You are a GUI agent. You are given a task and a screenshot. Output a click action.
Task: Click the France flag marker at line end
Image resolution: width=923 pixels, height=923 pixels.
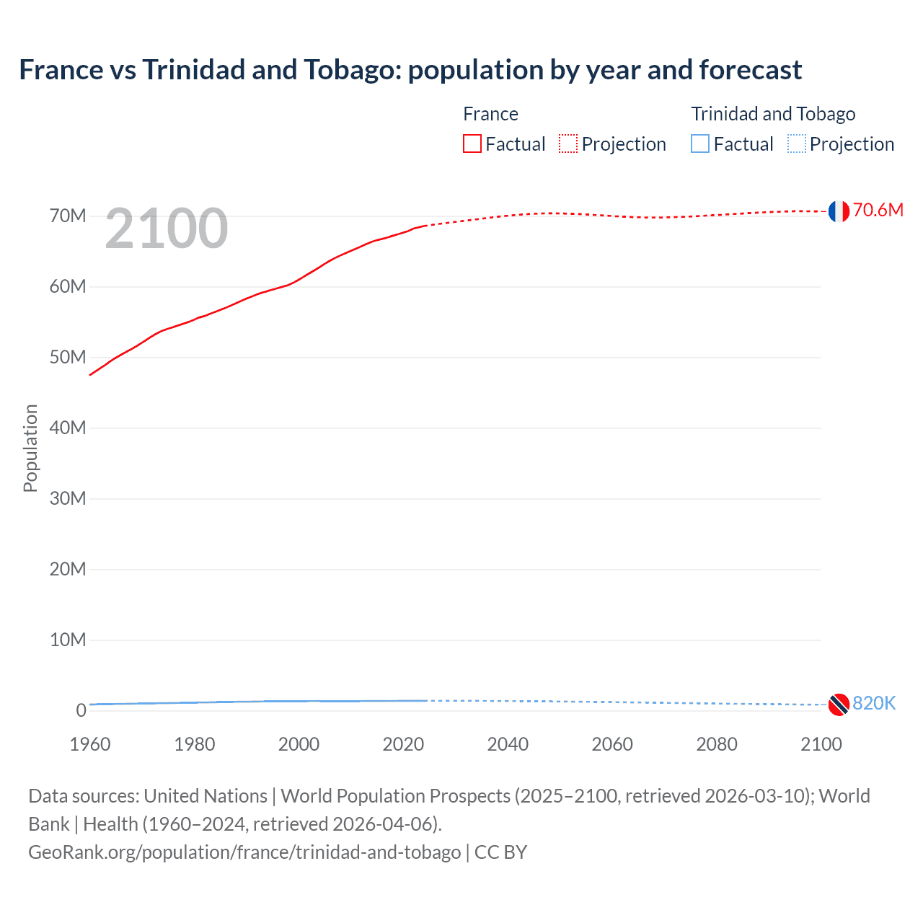839,211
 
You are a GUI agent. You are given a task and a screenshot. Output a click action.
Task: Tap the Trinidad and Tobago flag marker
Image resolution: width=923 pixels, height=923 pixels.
839,705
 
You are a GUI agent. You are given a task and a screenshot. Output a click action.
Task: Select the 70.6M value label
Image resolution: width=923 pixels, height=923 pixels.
878,210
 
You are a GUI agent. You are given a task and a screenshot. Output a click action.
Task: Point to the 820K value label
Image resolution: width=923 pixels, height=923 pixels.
874,703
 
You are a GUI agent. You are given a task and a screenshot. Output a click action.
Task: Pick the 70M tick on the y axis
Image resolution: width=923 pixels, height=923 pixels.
68,216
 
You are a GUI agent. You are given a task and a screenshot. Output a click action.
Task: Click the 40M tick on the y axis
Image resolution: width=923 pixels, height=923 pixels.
68,428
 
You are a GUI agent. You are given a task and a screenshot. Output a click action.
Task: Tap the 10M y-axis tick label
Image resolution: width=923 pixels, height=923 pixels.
68,640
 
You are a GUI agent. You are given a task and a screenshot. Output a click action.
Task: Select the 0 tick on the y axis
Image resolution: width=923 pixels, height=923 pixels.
81,711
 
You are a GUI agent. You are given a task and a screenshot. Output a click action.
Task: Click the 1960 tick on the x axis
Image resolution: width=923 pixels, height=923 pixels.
90,744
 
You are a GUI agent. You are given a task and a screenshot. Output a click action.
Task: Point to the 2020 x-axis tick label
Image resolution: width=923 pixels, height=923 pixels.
403,744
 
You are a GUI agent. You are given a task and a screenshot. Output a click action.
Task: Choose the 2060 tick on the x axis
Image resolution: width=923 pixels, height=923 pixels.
612,744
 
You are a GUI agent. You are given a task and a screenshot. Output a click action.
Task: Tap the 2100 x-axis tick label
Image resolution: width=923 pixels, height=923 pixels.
821,744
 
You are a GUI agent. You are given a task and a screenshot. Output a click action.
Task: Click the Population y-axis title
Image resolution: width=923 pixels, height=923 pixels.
30,448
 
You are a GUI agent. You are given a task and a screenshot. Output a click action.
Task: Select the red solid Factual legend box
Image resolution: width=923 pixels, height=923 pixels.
472,144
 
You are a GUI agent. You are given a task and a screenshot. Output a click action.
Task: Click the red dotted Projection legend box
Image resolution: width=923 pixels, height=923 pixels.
568,144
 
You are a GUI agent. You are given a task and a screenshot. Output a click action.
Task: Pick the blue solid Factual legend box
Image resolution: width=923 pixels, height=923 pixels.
700,144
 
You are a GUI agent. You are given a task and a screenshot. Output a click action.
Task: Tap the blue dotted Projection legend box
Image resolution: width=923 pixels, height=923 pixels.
797,144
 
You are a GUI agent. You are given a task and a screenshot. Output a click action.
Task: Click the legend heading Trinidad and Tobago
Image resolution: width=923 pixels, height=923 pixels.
773,114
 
